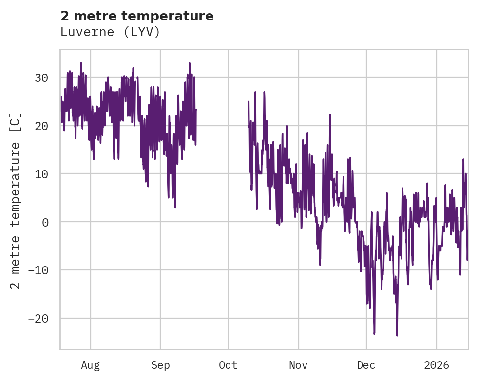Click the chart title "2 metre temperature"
tap(137, 16)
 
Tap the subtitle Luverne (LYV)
tap(110, 32)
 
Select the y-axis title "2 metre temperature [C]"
tap(16, 200)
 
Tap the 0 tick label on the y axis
tap(45, 222)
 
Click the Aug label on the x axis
tap(91, 365)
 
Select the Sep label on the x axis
tap(160, 365)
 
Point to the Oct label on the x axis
tap(228, 365)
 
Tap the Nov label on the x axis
tap(298, 365)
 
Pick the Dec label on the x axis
tap(366, 365)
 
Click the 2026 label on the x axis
tap(437, 365)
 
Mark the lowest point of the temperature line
tap(397, 335)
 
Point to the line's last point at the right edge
tap(467, 260)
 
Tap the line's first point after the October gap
tap(249, 102)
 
